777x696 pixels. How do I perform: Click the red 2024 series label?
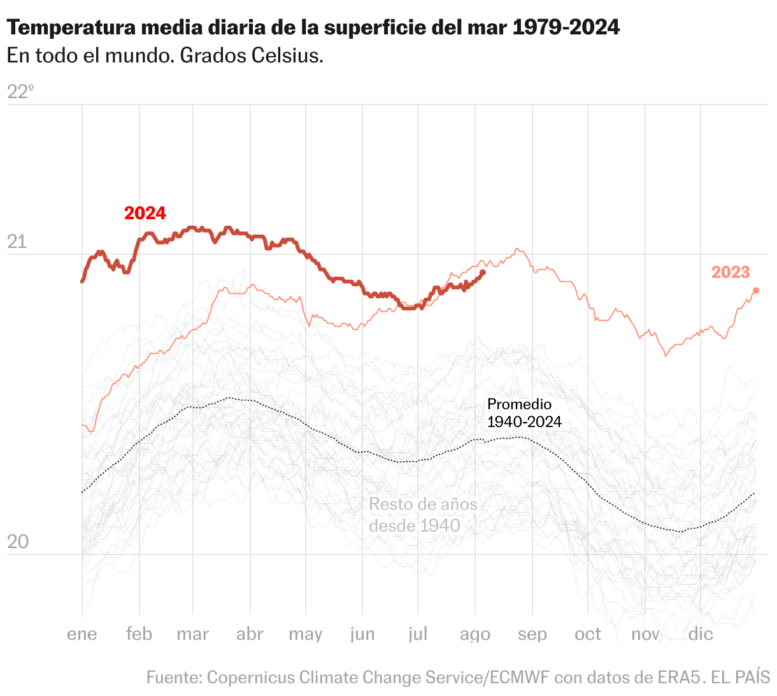145,213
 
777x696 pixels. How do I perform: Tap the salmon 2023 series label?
731,272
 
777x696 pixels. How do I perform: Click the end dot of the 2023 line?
756,291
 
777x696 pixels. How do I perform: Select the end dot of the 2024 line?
483,273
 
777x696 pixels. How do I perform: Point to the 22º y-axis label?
20,92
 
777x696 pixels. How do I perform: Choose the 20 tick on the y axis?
17,542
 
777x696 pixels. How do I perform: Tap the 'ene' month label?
82,634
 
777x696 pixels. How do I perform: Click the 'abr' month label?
250,634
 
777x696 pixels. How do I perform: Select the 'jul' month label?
418,634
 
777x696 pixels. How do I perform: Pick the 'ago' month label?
475,635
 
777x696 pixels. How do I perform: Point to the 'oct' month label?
587,634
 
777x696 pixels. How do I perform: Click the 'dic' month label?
701,634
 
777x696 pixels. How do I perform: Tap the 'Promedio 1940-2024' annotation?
524,413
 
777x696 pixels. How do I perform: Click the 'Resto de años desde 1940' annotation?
423,515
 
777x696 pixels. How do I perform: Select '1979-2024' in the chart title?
566,27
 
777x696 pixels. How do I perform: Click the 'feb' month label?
139,634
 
